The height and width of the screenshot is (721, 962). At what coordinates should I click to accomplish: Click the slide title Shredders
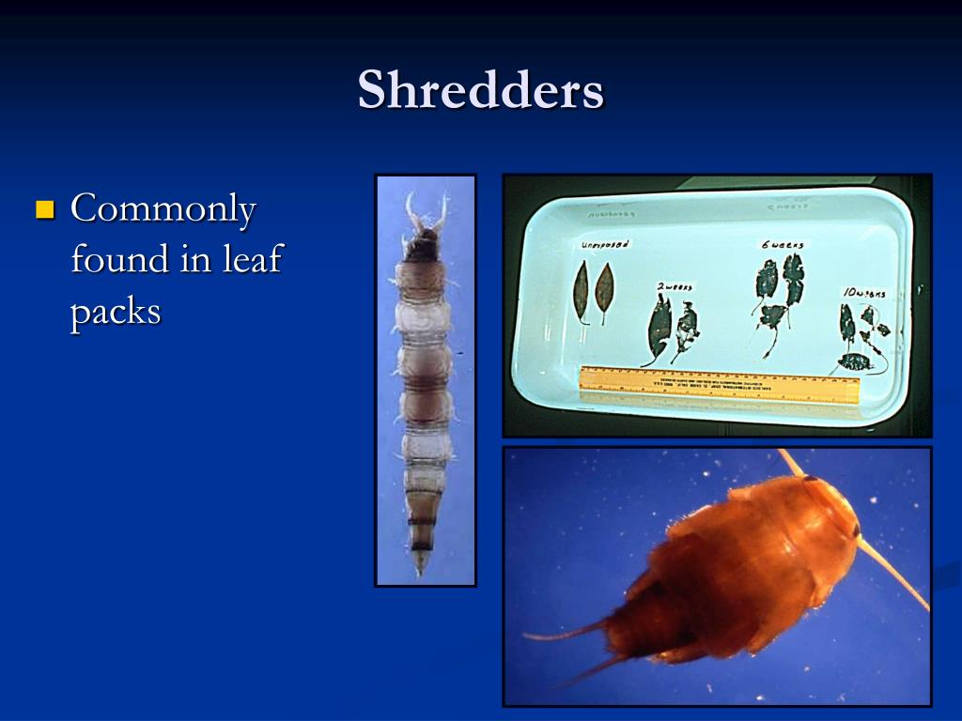[x=480, y=91]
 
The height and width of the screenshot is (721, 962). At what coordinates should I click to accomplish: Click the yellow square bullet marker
[x=44, y=208]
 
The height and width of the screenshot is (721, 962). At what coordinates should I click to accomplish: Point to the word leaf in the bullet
[x=251, y=259]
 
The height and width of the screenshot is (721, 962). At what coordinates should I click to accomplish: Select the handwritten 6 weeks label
[x=782, y=244]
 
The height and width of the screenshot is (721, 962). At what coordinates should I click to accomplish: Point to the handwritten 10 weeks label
[x=863, y=293]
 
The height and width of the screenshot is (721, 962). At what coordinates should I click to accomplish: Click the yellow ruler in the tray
[x=720, y=384]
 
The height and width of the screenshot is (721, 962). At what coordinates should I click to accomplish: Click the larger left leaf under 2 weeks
[x=660, y=329]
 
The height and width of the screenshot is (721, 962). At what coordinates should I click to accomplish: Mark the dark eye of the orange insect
[x=855, y=531]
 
